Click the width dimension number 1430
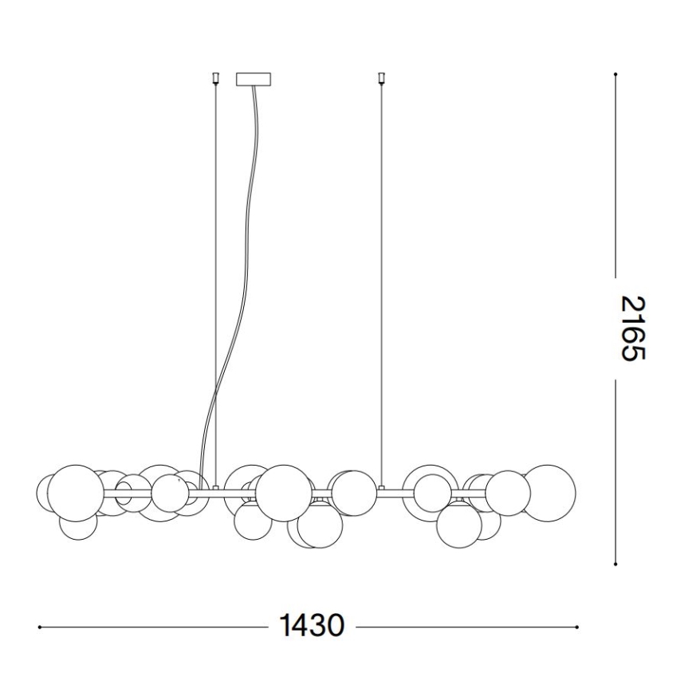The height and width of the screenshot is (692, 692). pos(311,626)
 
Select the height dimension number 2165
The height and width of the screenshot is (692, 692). pos(630,328)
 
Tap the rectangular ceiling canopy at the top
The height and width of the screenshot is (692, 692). pos(254,79)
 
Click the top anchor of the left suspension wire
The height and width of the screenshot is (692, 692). pos(214,79)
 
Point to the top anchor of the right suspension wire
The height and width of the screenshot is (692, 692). pos(381,79)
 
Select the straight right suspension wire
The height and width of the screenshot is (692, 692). pos(381,279)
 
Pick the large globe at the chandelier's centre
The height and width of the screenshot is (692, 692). pos(284,493)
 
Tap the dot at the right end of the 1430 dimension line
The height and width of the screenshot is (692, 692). pos(576,627)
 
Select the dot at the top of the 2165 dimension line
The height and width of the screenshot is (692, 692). pos(615,75)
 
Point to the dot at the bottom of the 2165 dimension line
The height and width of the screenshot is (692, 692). pos(615,563)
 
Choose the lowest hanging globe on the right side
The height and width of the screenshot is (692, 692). pos(459,525)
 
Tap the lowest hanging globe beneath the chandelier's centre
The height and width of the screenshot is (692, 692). pos(320,527)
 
